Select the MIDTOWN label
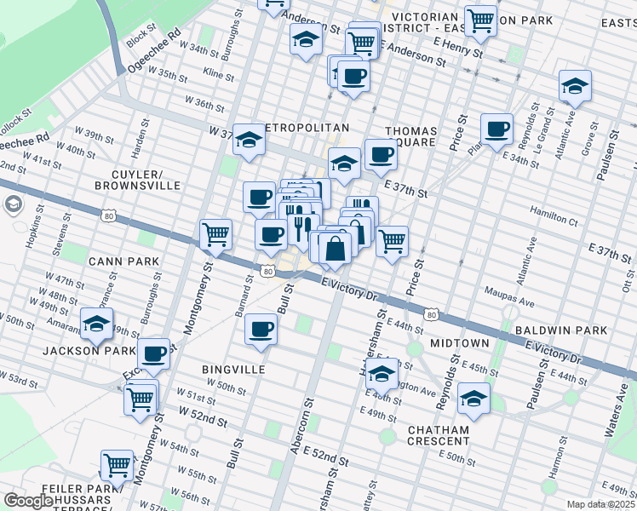click(x=460, y=342)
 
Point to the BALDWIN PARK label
click(x=560, y=330)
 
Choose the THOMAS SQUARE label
click(x=411, y=138)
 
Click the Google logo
click(x=29, y=501)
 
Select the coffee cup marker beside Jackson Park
click(x=154, y=353)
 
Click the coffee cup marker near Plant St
click(x=496, y=129)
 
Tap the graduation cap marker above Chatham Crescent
click(x=474, y=398)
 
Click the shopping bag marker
click(x=336, y=248)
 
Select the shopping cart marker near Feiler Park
click(x=117, y=465)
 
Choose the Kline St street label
click(x=218, y=76)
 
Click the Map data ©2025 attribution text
click(x=600, y=504)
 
